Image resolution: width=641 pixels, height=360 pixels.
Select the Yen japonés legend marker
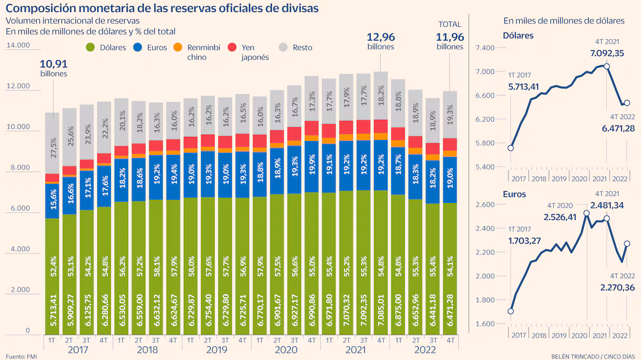231,47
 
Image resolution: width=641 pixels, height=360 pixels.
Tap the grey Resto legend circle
283,47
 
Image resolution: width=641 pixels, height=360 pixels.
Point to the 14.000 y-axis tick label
18,46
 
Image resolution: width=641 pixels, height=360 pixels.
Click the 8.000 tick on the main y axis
20,168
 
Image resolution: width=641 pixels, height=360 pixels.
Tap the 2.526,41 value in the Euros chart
562,217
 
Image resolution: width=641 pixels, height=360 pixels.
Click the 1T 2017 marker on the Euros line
511,311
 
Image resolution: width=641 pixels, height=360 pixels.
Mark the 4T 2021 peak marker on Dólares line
606,66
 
